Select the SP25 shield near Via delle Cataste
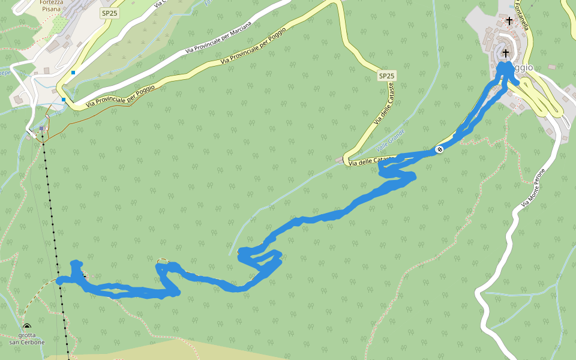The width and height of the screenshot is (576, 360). click(387, 76)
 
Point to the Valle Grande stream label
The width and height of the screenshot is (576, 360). click(391, 140)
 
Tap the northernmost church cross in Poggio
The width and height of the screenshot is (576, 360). click(509, 20)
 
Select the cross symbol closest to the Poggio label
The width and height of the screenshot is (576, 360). click(505, 53)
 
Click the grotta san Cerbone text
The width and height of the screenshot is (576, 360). click(27, 339)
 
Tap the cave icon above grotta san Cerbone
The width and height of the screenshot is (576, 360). click(27, 327)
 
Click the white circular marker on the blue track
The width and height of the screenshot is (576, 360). click(439, 149)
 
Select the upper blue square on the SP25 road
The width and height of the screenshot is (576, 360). click(73, 73)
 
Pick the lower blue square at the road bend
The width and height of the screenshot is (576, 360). click(63, 100)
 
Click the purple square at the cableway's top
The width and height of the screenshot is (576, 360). click(41, 128)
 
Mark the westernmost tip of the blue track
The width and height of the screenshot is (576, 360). click(59, 280)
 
